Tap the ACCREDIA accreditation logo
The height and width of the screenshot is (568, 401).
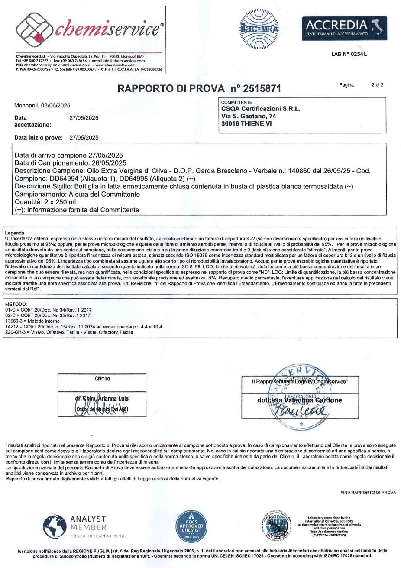click(x=336, y=26)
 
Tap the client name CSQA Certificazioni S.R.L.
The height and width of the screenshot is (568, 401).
click(x=261, y=109)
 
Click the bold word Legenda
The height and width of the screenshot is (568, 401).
click(x=14, y=233)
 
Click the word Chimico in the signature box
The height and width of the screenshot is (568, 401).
click(x=102, y=378)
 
